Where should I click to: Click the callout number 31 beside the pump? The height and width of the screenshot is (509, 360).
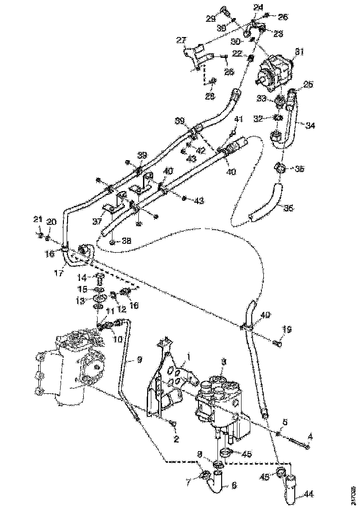coord(299,52)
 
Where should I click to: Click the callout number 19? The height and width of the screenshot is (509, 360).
coord(287,329)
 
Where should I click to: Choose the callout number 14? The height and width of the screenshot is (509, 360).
coord(82,278)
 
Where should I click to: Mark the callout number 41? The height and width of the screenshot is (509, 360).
coord(238,119)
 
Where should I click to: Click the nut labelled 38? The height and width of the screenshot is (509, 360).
coord(113,242)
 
